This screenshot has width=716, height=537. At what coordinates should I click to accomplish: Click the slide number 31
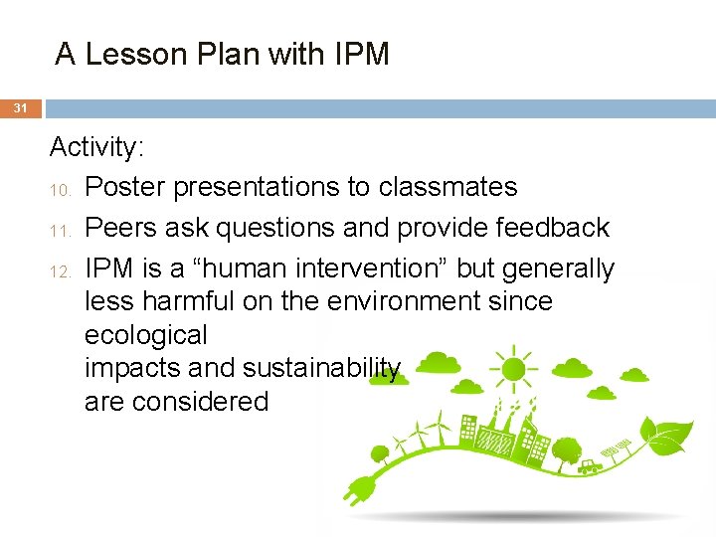point(21,107)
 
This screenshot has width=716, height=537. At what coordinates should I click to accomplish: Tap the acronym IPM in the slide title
point(360,54)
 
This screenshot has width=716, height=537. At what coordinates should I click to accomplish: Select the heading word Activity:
point(97,148)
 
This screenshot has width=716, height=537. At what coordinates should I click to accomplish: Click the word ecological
point(146,335)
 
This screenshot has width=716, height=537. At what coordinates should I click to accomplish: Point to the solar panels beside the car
point(622,444)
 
